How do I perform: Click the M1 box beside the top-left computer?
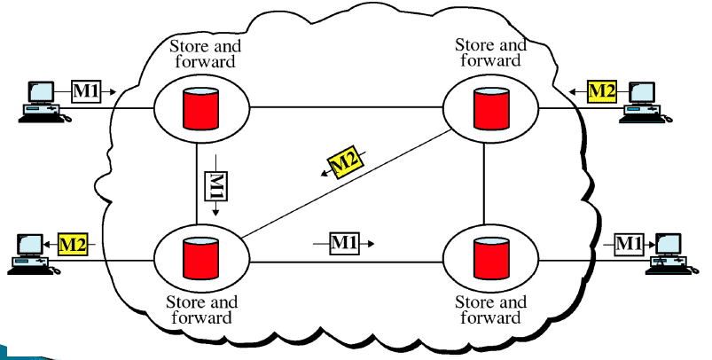87,90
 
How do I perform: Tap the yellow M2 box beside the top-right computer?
602,90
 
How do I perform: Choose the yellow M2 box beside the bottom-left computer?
74,243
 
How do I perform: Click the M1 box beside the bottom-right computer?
628,242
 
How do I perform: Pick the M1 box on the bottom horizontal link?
345,241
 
